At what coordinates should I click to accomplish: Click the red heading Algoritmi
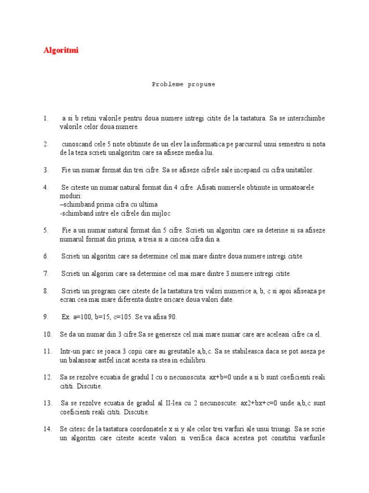[x=61, y=50]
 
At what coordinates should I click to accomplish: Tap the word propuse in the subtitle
[x=202, y=84]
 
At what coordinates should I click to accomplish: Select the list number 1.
[x=46, y=118]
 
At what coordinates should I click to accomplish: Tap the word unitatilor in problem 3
[x=299, y=170]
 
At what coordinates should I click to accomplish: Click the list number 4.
[x=46, y=187]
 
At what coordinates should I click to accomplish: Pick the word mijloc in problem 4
[x=161, y=213]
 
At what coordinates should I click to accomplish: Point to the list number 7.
[x=46, y=274]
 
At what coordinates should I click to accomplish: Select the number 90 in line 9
[x=173, y=317]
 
